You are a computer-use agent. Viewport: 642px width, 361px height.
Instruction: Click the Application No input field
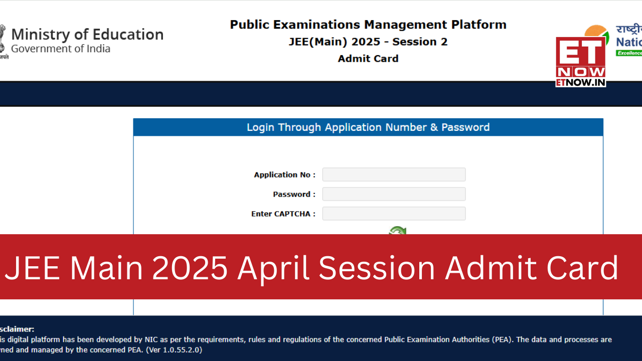coord(394,174)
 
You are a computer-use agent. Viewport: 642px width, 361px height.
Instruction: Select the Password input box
coord(394,194)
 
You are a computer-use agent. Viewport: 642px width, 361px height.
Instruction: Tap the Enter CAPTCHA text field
coord(394,214)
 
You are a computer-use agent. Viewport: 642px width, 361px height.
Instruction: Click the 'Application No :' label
coord(284,175)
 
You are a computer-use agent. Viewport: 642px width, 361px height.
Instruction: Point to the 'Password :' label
coord(294,195)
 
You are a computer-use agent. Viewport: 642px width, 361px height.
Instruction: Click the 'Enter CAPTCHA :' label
coord(283,214)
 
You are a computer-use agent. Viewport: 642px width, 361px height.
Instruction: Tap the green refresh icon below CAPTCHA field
coord(398,231)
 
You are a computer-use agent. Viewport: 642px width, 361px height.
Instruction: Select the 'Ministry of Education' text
coord(87,35)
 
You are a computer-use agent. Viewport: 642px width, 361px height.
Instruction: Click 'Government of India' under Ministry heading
coord(61,49)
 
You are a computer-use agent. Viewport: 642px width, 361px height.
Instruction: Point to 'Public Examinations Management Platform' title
coord(368,25)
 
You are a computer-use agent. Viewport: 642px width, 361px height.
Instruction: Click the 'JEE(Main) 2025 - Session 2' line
coord(368,42)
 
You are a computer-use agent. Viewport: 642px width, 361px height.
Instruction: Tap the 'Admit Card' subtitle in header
coord(368,59)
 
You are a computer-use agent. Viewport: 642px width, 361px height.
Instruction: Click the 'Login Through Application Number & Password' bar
coord(368,127)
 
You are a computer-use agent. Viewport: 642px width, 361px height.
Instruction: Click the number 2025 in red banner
coord(190,268)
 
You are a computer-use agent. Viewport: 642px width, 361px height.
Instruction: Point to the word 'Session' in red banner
coord(377,268)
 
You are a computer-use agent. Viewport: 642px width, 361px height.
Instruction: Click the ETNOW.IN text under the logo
coord(581,82)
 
